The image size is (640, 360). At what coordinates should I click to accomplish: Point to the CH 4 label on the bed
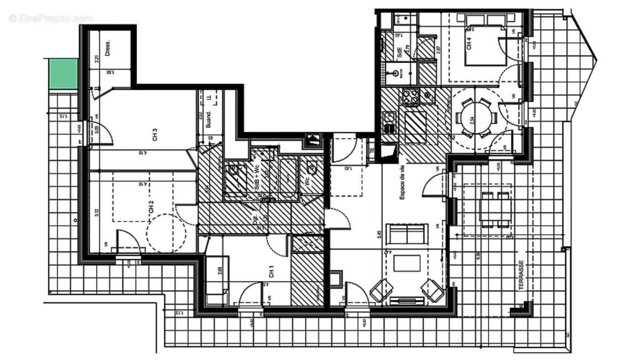469,44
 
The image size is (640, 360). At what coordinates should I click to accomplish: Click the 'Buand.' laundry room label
210,118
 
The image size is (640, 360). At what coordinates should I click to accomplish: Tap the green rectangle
63,74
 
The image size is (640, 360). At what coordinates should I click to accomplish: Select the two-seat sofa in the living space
407,234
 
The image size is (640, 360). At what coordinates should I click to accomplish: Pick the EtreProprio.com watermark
51,18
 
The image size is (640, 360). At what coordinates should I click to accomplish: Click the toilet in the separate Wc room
313,170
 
